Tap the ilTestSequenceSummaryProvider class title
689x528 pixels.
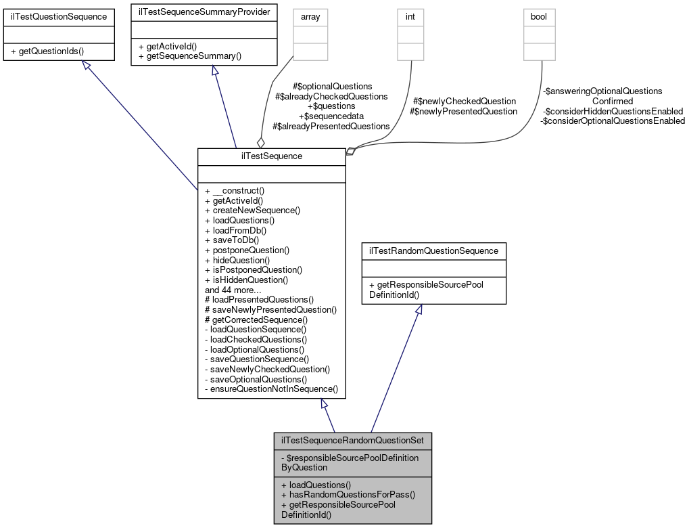click(204, 12)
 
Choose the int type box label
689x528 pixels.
click(410, 16)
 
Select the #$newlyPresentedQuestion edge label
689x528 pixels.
click(463, 111)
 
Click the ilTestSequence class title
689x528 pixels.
click(271, 156)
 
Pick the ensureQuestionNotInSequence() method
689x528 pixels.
click(270, 389)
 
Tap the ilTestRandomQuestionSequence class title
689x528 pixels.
click(433, 250)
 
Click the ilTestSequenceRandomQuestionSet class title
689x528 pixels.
click(352, 440)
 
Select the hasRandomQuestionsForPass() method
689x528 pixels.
click(347, 494)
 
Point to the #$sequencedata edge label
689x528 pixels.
click(331, 116)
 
